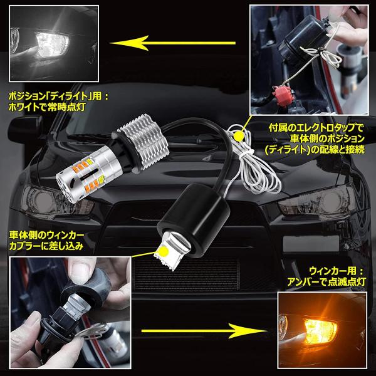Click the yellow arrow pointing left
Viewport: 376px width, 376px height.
pos(173,43)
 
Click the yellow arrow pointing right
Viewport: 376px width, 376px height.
pos(204,331)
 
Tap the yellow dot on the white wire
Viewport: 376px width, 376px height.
pos(238,137)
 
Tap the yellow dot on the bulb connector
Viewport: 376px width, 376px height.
pos(164,251)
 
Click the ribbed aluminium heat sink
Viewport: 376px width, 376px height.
pos(144,142)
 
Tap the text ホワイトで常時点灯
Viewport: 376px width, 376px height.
pos(47,107)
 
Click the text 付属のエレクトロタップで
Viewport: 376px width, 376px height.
pos(316,128)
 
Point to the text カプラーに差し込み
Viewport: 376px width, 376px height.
pos(46,246)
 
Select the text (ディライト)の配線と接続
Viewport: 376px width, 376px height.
pos(315,150)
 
